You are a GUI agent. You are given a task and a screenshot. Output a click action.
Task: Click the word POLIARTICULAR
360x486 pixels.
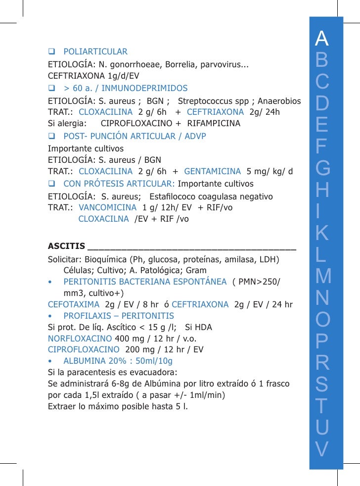click(x=95, y=51)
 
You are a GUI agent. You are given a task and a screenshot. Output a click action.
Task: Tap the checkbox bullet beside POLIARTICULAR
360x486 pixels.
click(x=51, y=51)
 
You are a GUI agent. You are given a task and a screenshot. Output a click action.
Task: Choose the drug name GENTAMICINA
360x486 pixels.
click(x=213, y=172)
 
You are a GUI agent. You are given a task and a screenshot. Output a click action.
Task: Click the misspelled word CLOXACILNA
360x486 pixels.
click(x=103, y=219)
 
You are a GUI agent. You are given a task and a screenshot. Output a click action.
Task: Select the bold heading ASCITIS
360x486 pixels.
click(x=65, y=246)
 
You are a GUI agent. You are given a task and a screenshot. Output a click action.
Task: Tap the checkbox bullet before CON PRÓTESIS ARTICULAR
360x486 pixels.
click(x=51, y=184)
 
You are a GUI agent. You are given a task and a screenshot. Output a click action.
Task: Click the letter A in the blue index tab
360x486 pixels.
click(x=322, y=37)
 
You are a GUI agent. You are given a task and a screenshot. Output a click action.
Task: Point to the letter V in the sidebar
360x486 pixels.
click(x=322, y=449)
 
